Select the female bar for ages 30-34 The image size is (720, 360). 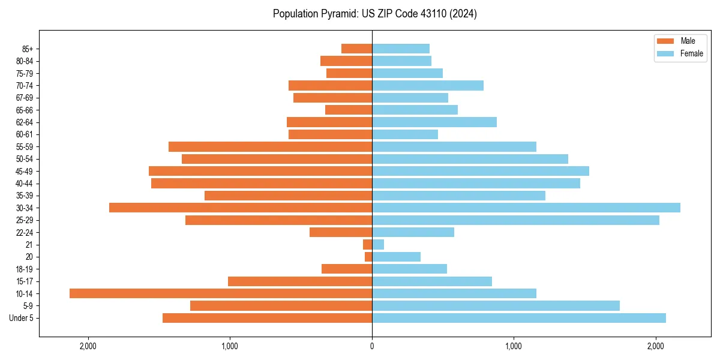click(526, 208)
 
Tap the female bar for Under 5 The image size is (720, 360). click(519, 318)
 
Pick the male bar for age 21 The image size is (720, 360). click(367, 245)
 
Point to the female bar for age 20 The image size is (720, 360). click(396, 257)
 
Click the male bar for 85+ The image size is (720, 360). click(356, 49)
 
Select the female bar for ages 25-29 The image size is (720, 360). click(515, 220)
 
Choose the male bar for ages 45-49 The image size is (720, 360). click(260, 171)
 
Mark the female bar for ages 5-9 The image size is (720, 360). click(496, 306)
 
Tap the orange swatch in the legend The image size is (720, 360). click(666, 41)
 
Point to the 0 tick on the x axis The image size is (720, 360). click(372, 346)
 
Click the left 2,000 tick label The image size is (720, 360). click(88, 346)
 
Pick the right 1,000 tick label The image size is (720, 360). click(514, 346)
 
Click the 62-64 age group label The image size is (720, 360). click(25, 122)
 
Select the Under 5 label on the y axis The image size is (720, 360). click(22, 318)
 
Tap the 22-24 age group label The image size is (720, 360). click(25, 233)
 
